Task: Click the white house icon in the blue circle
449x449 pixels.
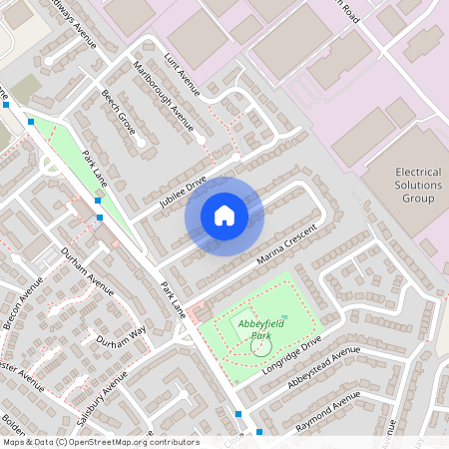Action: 224,215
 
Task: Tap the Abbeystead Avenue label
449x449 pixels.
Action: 322,369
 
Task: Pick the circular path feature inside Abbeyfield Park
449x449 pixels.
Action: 259,348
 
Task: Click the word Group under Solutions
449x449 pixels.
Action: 418,199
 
